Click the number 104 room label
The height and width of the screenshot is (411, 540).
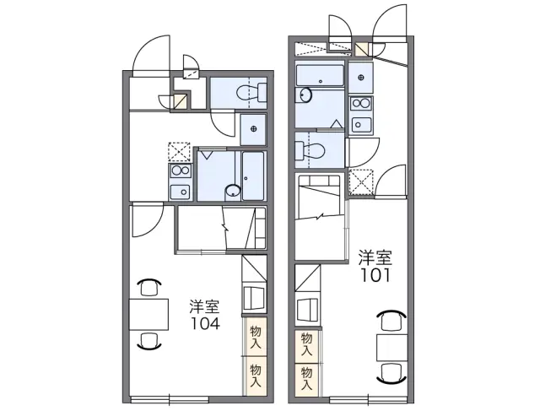pos(205,323)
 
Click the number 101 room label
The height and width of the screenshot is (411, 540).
pos(375,275)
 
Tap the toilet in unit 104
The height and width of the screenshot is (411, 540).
pos(252,92)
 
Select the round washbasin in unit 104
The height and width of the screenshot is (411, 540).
pos(233,190)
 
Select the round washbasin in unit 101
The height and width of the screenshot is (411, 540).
pos(305,95)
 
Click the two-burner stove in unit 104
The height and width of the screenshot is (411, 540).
pos(180,170)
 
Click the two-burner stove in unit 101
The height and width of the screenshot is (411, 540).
pos(360,103)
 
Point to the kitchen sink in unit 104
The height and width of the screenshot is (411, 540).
pos(180,192)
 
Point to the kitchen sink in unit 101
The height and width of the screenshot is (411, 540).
pos(361,124)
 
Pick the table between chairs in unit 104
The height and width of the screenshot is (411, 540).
pos(148,315)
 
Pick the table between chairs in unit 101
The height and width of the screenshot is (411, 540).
pos(391,347)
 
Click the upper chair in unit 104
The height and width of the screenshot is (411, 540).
pos(149,287)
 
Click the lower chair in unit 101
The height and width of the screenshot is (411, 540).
pos(391,373)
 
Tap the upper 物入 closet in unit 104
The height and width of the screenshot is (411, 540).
pos(255,337)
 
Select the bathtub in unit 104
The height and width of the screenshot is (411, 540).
pos(253,176)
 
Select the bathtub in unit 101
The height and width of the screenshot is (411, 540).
pos(321,75)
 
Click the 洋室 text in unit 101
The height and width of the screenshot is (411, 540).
pos(375,257)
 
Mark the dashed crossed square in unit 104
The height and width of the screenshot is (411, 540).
pos(179,152)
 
